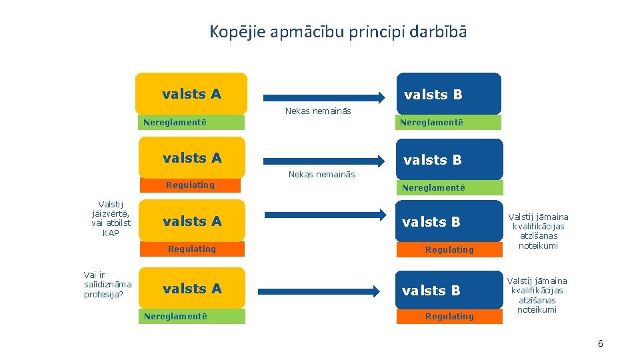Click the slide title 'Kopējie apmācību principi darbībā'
tap(338, 31)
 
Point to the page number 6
tap(600, 343)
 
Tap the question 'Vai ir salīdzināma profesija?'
tap(107, 284)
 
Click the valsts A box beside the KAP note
tap(192, 221)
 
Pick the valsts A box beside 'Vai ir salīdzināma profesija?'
tap(192, 289)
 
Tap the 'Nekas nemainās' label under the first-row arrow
tap(318, 111)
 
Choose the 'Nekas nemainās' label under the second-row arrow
tap(321, 174)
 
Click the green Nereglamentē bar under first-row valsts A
tap(191, 122)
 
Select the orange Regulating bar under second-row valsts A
tap(190, 185)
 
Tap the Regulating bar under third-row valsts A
tap(191, 249)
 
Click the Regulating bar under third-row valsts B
tap(449, 249)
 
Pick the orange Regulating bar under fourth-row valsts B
tap(449, 316)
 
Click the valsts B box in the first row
tap(448, 94)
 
